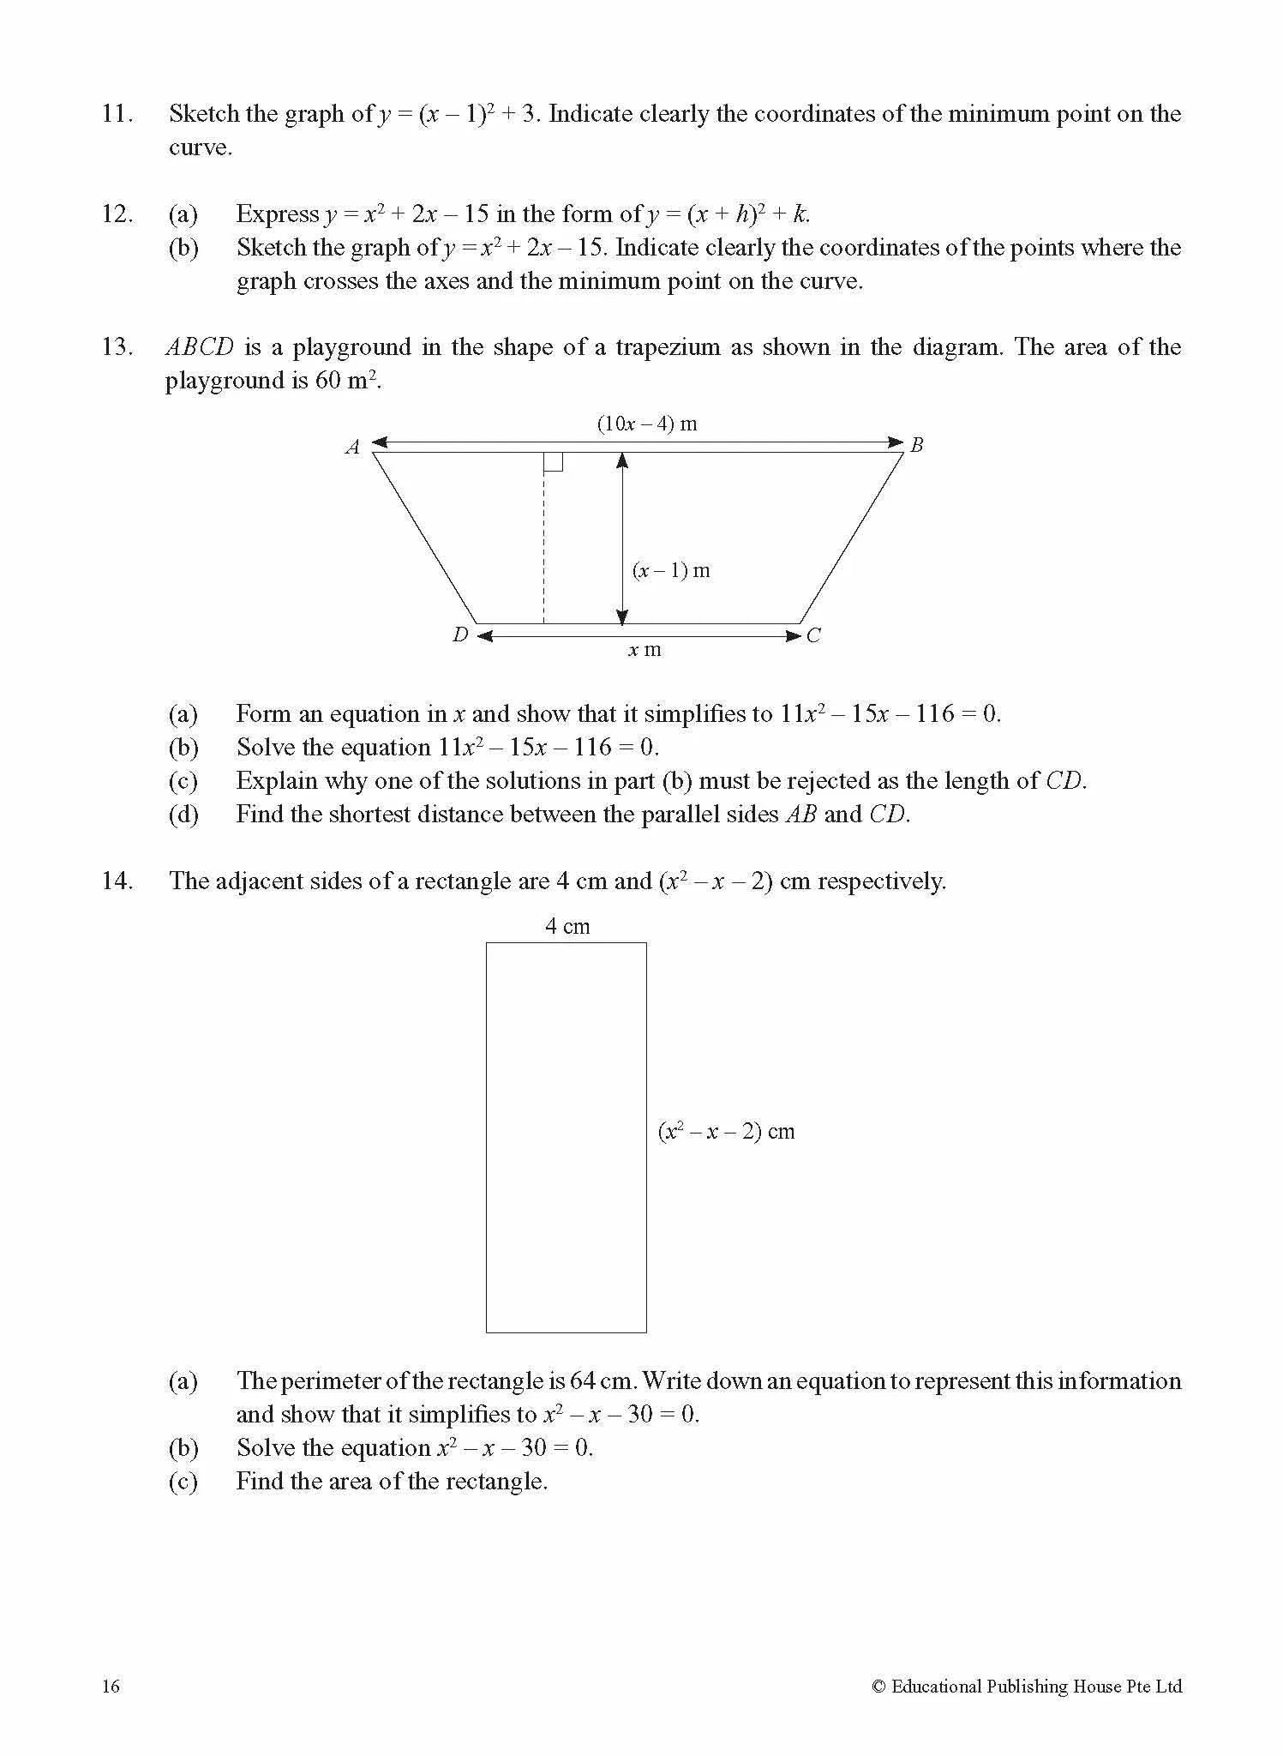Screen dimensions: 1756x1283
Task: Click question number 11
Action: tap(117, 114)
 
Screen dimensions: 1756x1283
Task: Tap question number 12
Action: tap(117, 214)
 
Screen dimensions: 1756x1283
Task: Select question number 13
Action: tap(117, 347)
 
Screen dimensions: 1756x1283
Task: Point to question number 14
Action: tap(117, 881)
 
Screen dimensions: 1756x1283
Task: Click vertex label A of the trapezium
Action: tap(352, 447)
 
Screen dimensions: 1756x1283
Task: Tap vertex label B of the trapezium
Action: tap(916, 445)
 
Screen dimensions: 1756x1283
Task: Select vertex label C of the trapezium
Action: tap(813, 635)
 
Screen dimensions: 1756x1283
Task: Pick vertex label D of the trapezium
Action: tap(460, 635)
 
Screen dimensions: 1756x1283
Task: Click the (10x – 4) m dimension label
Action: tap(647, 424)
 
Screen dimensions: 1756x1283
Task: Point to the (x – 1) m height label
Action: tap(671, 571)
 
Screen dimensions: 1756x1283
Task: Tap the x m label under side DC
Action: tap(644, 650)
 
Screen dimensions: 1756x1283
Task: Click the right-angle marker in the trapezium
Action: tap(554, 462)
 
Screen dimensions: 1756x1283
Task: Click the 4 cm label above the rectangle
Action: tap(567, 926)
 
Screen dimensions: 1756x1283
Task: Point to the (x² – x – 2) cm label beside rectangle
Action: tap(726, 1132)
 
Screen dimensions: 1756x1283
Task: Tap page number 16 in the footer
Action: tap(111, 1687)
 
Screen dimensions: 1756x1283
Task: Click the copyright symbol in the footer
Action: tap(878, 1687)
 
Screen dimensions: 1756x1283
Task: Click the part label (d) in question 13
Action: tap(183, 815)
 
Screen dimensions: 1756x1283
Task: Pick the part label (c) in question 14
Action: tap(183, 1482)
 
